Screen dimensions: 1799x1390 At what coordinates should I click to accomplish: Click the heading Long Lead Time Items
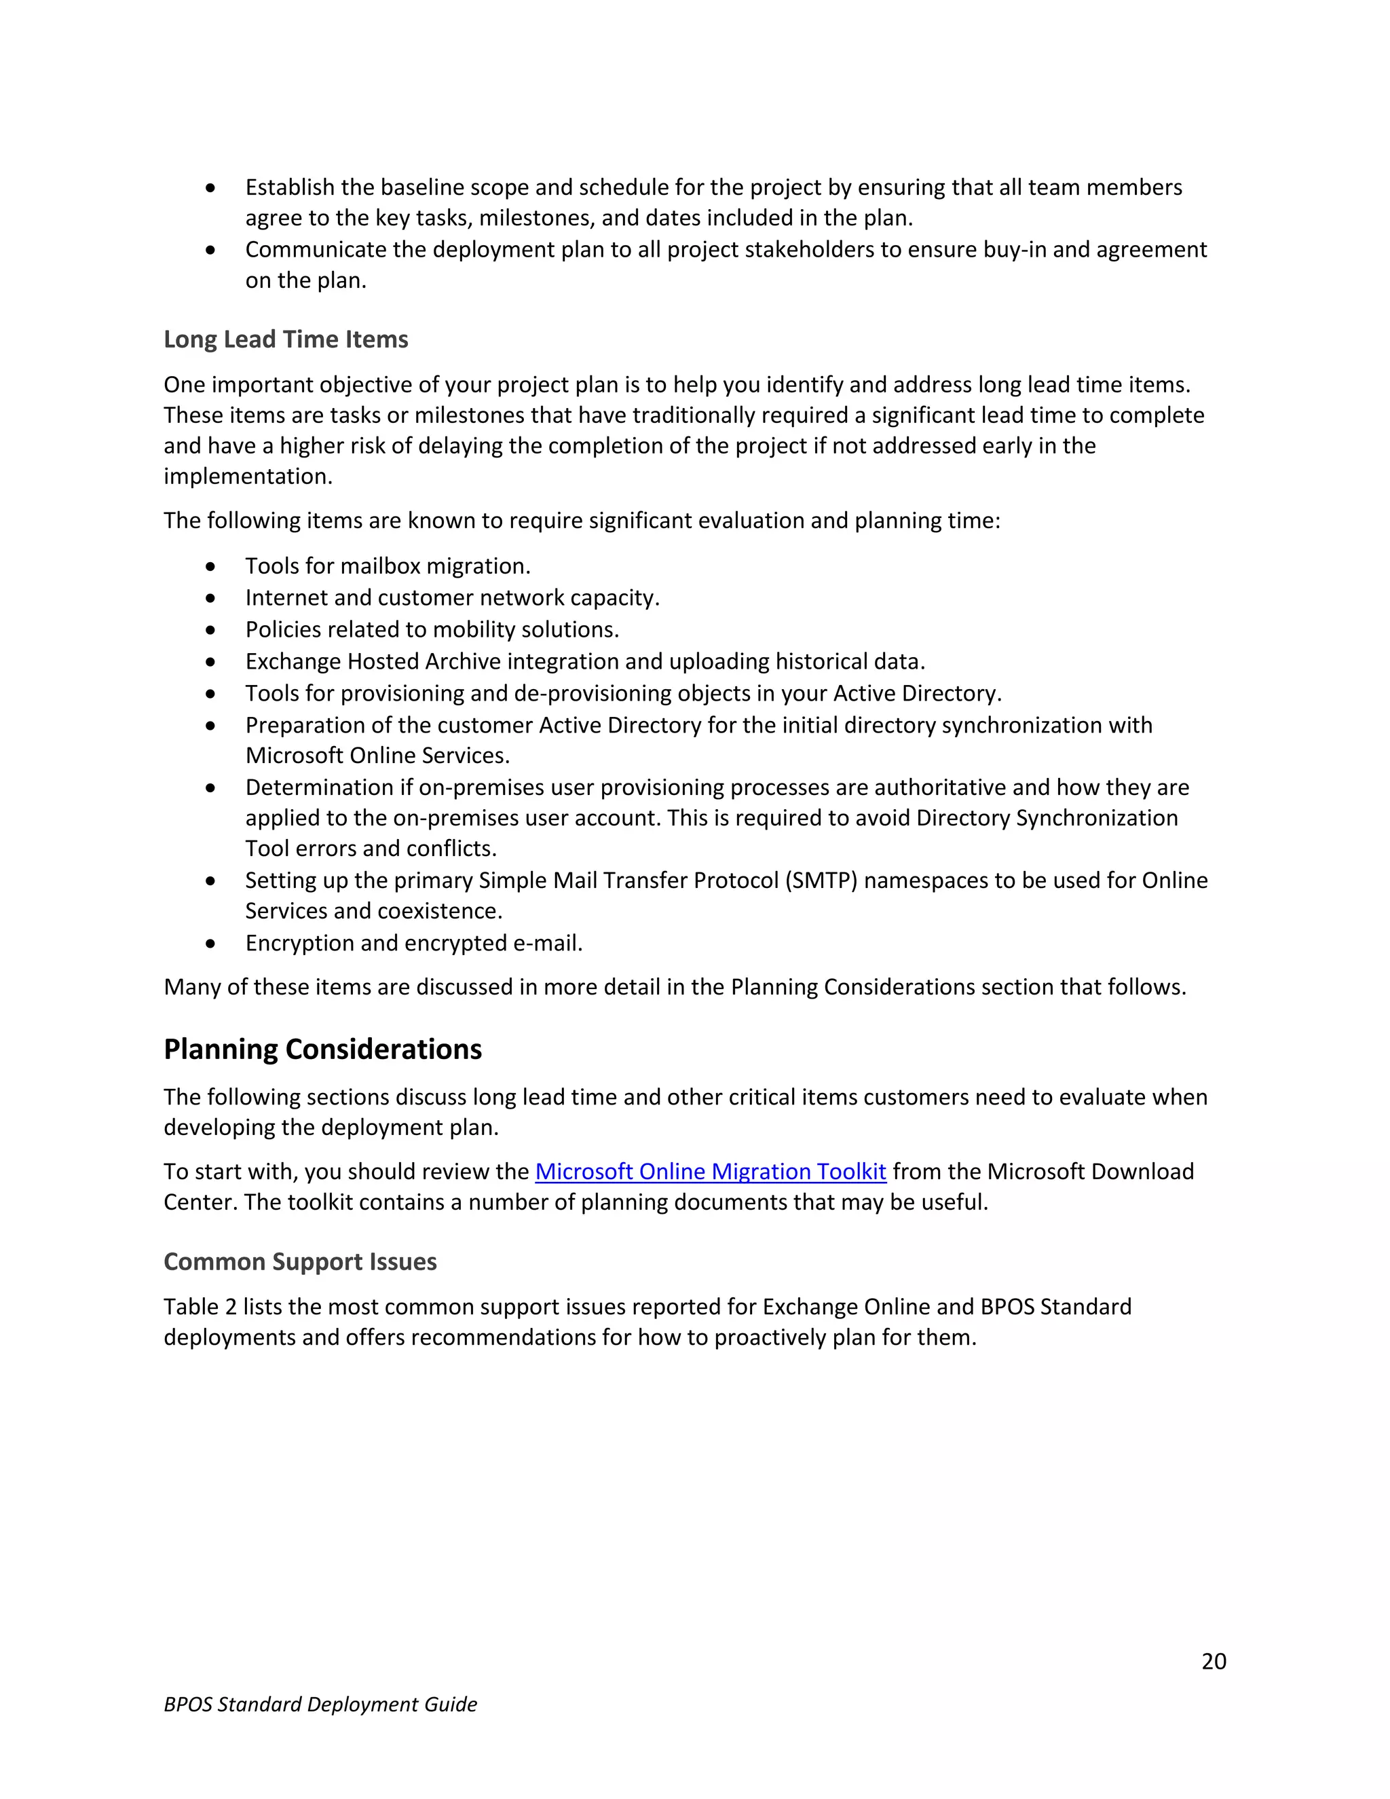coord(286,339)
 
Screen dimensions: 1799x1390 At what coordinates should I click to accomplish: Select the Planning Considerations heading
coord(323,1050)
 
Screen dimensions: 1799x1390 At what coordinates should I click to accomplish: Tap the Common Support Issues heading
coord(300,1262)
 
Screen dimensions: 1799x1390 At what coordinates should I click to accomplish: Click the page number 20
coord(1213,1661)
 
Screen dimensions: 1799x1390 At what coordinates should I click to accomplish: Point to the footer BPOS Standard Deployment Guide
coord(320,1704)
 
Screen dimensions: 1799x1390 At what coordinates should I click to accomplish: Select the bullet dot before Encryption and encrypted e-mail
coord(211,944)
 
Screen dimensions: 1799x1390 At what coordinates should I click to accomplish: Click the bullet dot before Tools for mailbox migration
coord(211,567)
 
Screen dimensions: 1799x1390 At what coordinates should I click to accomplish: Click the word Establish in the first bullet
coord(290,188)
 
